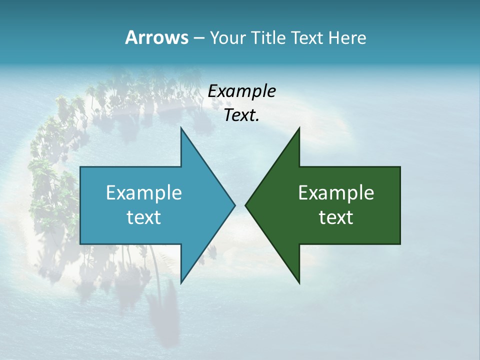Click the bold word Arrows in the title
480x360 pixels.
[156, 37]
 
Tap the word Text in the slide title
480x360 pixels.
[308, 37]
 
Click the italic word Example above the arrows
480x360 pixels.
[241, 91]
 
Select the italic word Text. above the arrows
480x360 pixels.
[241, 115]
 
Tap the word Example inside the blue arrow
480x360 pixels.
[144, 192]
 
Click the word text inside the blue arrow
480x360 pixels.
[144, 217]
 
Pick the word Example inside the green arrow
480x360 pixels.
[336, 192]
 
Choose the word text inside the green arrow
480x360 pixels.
[336, 217]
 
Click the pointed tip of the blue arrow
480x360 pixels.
[235, 205]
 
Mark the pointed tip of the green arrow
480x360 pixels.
[245, 205]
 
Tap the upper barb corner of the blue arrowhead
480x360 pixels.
[181, 127]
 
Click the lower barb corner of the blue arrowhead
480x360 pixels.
[181, 283]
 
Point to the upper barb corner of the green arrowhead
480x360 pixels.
[299, 127]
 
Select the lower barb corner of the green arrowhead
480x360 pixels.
[299, 283]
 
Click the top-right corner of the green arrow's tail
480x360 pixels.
[400, 167]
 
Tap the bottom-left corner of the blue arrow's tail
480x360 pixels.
[80, 244]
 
